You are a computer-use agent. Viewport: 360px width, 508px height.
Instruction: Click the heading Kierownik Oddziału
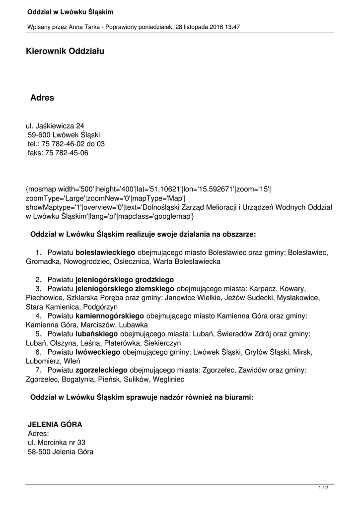[x=65, y=51]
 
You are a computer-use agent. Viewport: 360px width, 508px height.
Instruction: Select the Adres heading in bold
[x=42, y=98]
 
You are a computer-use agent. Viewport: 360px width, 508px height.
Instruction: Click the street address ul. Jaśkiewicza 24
[x=55, y=126]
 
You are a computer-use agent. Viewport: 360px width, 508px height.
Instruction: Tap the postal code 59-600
[x=38, y=135]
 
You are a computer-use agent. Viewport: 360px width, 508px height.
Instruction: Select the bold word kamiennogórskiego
[x=109, y=316]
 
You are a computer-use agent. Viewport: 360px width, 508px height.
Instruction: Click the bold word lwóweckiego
[x=98, y=352]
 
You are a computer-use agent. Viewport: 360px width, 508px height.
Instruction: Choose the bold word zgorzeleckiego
[x=101, y=370]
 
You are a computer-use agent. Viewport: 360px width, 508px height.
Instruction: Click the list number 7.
[x=38, y=370]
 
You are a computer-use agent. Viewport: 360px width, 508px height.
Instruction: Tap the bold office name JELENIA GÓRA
[x=55, y=425]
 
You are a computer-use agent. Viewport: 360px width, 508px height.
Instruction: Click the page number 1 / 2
[x=323, y=488]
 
